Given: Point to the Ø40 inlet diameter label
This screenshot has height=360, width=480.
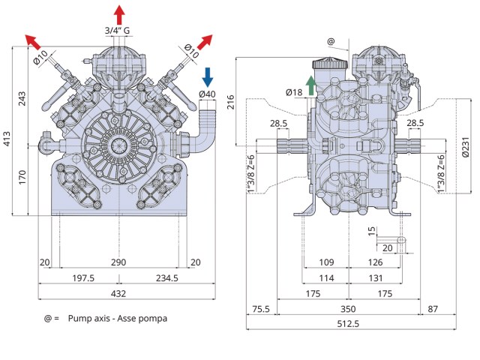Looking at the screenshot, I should pos(208,94).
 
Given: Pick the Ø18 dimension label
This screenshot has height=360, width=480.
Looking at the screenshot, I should pos(294,92).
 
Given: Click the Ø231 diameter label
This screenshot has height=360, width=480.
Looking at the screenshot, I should pos(465,143).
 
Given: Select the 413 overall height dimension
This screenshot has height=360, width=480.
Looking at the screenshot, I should pos(8,136).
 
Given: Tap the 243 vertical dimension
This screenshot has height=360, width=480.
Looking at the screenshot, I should pos(22,97).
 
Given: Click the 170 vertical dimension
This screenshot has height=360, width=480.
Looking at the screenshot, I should pos(22,178).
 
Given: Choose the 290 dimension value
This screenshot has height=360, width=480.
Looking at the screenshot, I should pos(118,262).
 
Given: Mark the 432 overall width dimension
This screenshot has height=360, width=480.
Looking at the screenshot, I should pos(118,293).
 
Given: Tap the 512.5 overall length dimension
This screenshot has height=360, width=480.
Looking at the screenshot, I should pos(348,324).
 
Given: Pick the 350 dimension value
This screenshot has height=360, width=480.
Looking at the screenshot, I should pos(348,308).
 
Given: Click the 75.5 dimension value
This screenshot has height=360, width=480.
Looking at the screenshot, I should pos(261,308).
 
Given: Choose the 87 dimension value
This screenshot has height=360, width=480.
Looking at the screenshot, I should pos(433,308).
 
